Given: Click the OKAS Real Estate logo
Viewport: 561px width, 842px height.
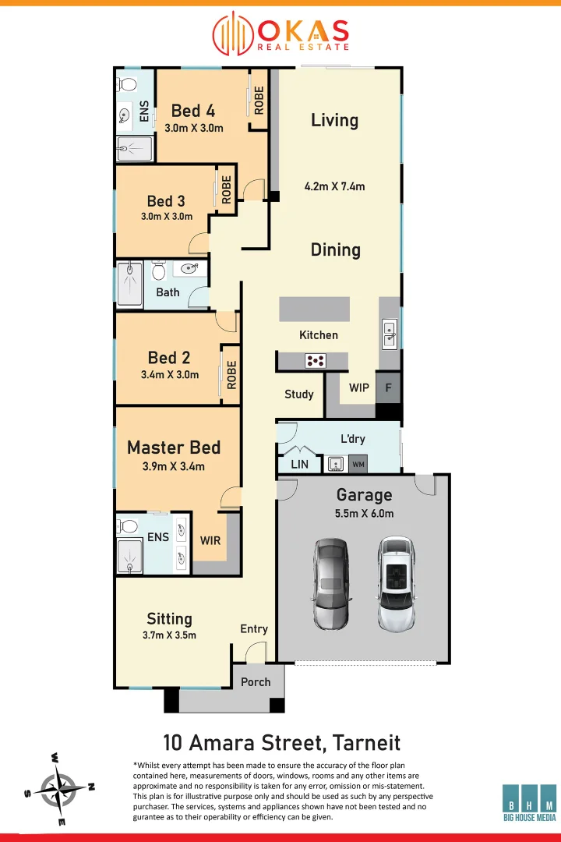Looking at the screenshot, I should point(280,33).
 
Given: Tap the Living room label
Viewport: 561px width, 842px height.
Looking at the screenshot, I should point(334,120).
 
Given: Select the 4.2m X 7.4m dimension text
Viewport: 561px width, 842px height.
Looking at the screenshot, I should point(334,186).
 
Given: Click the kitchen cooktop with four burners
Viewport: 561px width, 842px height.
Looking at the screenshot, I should point(316,360).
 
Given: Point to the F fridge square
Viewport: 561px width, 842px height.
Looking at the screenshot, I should point(388,387).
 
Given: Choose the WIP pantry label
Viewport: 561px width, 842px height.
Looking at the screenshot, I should point(359,387).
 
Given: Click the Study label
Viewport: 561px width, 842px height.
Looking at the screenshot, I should point(299,394).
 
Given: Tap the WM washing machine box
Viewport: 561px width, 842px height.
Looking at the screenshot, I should point(358,465).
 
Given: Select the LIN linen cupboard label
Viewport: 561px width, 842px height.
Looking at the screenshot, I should point(299,465).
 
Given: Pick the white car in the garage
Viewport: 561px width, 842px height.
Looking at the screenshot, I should point(397,583).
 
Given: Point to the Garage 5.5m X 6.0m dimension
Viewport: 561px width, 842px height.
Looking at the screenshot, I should point(365,514).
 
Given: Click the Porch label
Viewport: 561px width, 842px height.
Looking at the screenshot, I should point(256,682).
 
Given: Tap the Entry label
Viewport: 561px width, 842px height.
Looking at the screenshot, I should point(254,629).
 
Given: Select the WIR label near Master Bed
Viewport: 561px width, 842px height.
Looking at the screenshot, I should point(210,540).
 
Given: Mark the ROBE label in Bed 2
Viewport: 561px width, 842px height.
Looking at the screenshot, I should point(231,374).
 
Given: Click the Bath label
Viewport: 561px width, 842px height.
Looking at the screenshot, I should point(168,292).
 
